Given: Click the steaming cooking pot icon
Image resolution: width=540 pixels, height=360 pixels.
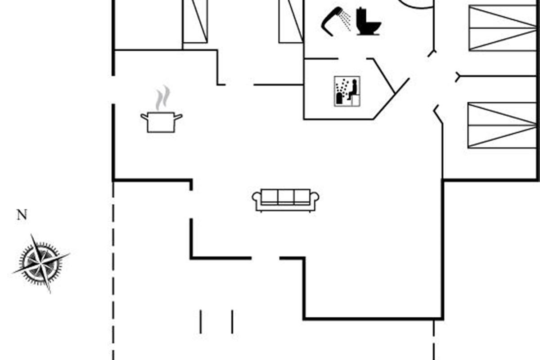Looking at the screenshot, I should click(x=161, y=121).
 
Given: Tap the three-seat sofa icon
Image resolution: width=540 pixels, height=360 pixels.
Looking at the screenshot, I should click(x=286, y=200).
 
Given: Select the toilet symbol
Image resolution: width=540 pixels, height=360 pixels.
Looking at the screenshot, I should click(x=368, y=22).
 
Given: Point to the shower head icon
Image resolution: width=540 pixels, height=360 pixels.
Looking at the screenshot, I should click(x=331, y=20).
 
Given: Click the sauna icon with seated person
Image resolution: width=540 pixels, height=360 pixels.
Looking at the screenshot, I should click(x=347, y=91).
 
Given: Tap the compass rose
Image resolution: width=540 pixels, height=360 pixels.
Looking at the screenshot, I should click(x=40, y=263).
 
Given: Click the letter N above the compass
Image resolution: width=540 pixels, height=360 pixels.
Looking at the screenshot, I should click(x=22, y=215).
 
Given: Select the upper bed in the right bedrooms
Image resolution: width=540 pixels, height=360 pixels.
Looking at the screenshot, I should click(x=503, y=28).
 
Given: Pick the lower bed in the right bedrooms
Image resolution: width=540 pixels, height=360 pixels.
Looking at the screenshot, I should click(x=503, y=125).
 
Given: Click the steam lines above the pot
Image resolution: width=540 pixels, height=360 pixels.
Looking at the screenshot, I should click(x=162, y=98).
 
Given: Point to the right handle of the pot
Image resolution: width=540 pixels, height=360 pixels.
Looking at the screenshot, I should click(x=178, y=117).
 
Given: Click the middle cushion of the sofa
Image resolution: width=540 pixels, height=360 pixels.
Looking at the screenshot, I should click(x=286, y=197).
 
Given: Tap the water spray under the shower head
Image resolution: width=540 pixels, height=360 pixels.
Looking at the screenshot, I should click(x=346, y=19).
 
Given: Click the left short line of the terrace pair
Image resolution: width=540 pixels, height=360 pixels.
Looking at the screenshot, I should click(x=201, y=321).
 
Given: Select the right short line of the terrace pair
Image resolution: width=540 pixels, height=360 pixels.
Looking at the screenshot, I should click(x=232, y=321).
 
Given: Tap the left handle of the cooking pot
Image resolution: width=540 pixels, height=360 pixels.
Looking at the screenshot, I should click(x=144, y=117).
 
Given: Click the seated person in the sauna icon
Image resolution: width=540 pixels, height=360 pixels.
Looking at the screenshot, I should click(x=353, y=89).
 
